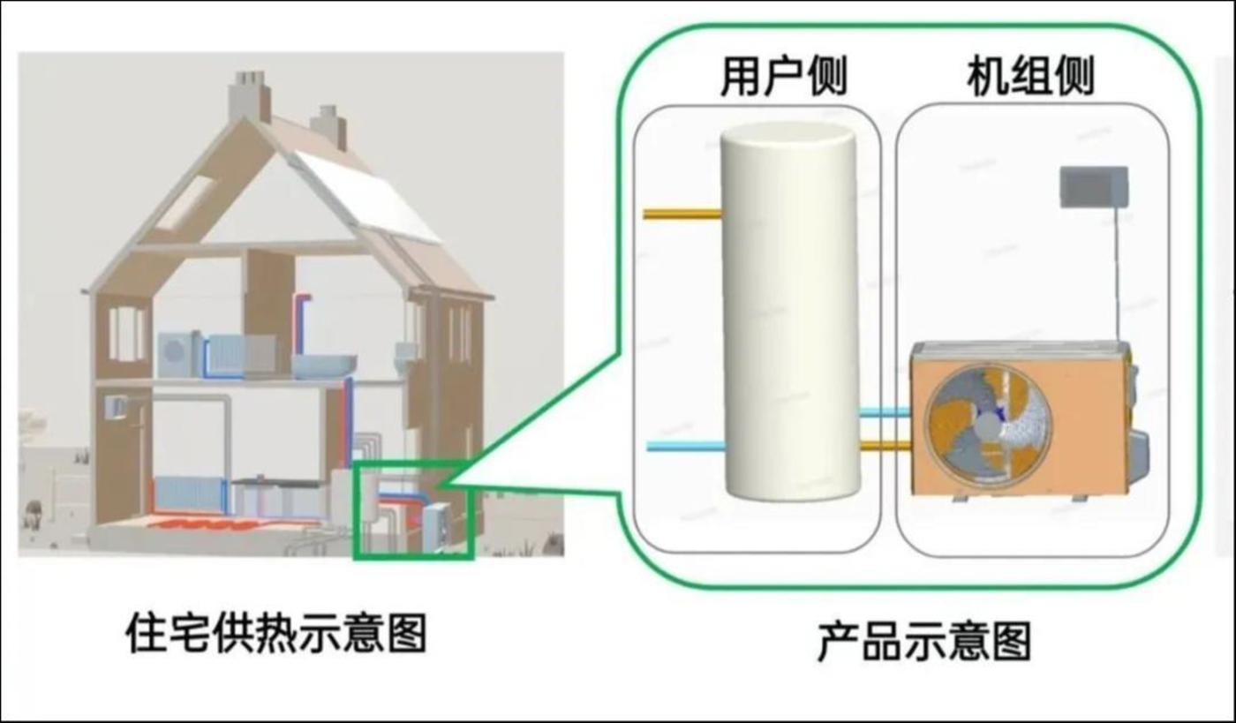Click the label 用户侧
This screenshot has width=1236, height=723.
pyautogui.click(x=784, y=77)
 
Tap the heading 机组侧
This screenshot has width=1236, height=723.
pyautogui.click(x=1030, y=77)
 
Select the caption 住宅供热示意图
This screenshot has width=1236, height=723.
pyautogui.click(x=275, y=633)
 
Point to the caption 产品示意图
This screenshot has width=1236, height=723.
pyautogui.click(x=924, y=642)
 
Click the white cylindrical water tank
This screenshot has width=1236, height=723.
pyautogui.click(x=789, y=309)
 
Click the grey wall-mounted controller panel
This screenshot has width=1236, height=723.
pyautogui.click(x=1094, y=186)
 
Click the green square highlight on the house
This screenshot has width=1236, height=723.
pyautogui.click(x=413, y=510)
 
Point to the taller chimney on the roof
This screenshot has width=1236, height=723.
pyautogui.click(x=249, y=97)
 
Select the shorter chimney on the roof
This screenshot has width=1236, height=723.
pyautogui.click(x=328, y=126)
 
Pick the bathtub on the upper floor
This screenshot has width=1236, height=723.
pyautogui.click(x=324, y=365)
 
